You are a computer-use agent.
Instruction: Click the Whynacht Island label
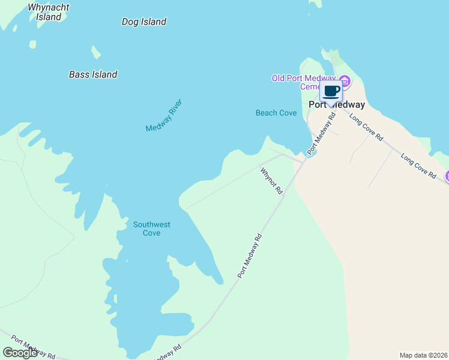[x=49, y=12]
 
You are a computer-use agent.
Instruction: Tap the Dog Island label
[x=143, y=22]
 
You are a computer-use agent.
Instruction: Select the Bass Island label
[x=93, y=75]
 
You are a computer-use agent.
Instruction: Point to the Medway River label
[x=163, y=116]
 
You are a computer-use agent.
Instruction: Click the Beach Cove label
[x=276, y=113]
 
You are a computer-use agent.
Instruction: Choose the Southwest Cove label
[x=152, y=229]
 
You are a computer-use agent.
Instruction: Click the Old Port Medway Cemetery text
[x=303, y=82]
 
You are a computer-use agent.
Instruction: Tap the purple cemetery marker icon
[x=345, y=80]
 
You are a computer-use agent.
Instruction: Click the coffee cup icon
[x=331, y=91]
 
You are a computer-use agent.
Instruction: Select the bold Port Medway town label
[x=336, y=104]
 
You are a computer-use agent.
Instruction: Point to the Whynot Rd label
[x=271, y=181]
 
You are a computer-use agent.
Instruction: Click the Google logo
[x=20, y=353]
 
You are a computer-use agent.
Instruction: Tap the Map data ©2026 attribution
[x=424, y=355]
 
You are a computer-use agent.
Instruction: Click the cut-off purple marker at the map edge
[x=447, y=176]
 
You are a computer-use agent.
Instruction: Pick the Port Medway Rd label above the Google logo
[x=33, y=347]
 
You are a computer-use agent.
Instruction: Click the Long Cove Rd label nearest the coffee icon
[x=366, y=128]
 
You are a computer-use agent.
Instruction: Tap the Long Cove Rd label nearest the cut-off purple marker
[x=418, y=166]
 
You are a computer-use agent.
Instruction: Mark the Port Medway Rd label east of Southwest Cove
[x=250, y=255]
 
